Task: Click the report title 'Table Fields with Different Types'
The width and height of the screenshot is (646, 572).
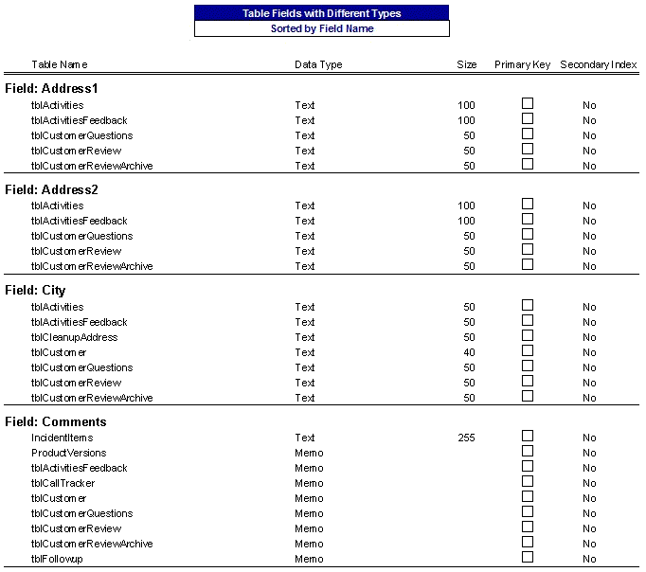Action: tap(322, 13)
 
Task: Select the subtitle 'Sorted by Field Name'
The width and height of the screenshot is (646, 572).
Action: tap(322, 28)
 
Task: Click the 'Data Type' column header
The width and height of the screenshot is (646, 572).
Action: tap(318, 64)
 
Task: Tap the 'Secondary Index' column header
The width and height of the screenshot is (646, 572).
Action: tap(598, 64)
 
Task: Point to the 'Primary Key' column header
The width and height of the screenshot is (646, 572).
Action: tap(522, 64)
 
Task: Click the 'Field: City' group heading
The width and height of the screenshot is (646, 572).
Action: tap(35, 290)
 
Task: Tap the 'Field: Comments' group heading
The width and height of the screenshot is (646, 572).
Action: tap(55, 421)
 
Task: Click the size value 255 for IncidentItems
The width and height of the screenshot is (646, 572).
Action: tap(466, 438)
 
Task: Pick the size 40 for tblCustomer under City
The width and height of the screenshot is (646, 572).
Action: tap(469, 352)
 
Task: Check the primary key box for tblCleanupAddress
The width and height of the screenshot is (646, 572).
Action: tap(528, 336)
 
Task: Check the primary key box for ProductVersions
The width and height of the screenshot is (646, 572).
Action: tap(528, 452)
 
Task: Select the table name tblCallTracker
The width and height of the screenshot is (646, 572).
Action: tap(63, 483)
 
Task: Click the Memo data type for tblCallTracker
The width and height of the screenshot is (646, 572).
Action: tap(309, 483)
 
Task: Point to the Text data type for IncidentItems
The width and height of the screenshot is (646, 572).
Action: tap(305, 438)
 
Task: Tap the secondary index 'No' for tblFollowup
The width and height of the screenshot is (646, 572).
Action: tap(589, 559)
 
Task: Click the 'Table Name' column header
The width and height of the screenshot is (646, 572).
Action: tap(60, 64)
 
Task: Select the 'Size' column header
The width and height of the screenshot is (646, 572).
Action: tap(467, 64)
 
